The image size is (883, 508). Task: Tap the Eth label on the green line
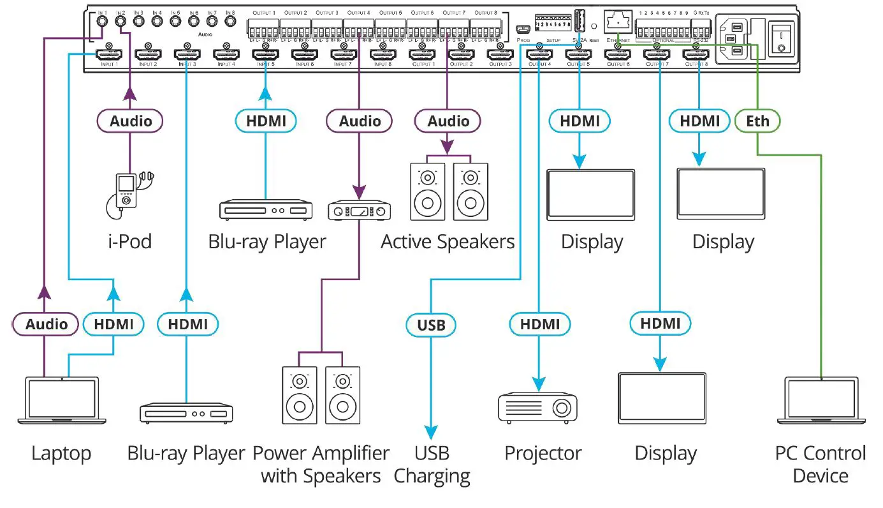click(x=757, y=121)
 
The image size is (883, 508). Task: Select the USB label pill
click(x=431, y=325)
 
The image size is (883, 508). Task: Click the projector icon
click(x=537, y=407)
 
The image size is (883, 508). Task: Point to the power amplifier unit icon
click(x=360, y=211)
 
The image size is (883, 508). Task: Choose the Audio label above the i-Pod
click(x=130, y=121)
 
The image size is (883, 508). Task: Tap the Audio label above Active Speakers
click(x=448, y=121)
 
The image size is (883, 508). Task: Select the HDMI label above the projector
click(x=539, y=325)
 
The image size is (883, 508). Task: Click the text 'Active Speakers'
click(x=448, y=243)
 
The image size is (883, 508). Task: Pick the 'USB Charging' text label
click(x=432, y=465)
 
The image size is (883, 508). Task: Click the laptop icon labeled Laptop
click(x=61, y=401)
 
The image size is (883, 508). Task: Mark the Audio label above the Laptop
click(x=46, y=325)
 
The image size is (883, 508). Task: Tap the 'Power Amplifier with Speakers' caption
click(x=321, y=465)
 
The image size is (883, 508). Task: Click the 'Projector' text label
click(x=543, y=454)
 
